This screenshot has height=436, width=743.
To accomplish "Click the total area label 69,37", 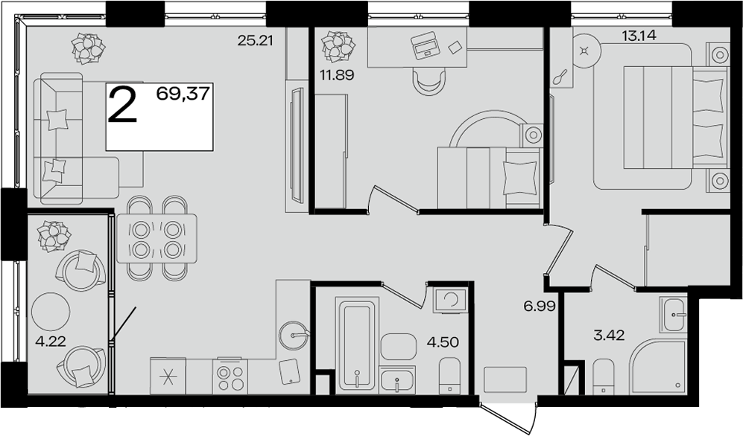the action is coord(183,94).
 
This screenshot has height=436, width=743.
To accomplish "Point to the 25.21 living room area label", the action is coord(256,41).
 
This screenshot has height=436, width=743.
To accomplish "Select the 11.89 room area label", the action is coord(337,74).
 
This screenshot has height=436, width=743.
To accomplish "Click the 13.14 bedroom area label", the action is coord(639,35).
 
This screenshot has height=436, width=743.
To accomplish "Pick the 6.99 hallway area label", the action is coord(540,307).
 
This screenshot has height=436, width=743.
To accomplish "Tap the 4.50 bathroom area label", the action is coord(443,342).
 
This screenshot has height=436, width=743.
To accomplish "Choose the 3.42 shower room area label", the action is coord(609,336).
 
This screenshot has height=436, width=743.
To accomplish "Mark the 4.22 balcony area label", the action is coord(51,340).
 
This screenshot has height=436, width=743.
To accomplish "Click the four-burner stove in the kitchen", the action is coord(230,376).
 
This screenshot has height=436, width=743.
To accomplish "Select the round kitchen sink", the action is coord(292,335).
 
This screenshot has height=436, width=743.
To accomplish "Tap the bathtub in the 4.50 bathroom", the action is coord(357,344).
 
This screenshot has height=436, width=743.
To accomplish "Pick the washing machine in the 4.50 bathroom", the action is coord(450,299).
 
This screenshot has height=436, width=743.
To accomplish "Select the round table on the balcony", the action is coord(50,312).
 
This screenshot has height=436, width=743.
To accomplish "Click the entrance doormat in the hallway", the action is coord(505,379).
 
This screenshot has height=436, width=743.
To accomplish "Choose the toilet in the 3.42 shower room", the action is coord(604,376).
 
